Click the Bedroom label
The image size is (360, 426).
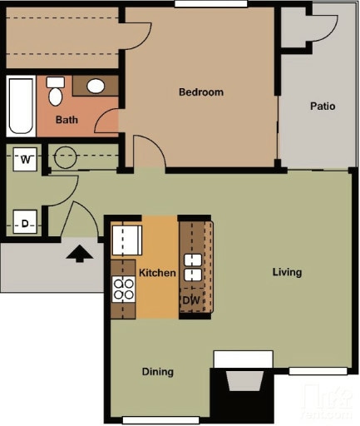point(201,92)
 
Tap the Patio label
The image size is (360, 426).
point(323,106)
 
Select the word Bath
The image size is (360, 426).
point(67,120)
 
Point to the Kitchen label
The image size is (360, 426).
point(157,273)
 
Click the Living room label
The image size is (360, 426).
point(287,272)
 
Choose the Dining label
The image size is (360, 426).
point(157,372)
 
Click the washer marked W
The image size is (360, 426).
point(26,158)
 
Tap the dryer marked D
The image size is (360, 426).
point(26,222)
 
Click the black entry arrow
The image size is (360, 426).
point(80,252)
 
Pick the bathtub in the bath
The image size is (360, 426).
point(19,106)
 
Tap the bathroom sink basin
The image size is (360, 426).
point(96,86)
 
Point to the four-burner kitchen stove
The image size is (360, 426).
point(124,289)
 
